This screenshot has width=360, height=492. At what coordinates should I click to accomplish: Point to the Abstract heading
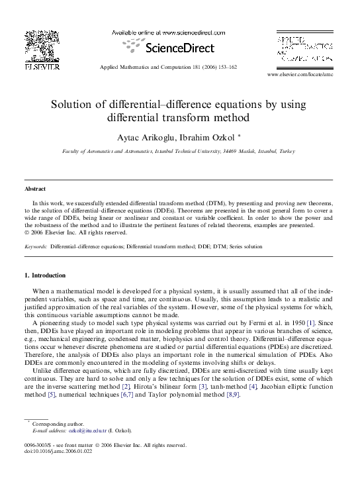[x=36, y=189]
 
